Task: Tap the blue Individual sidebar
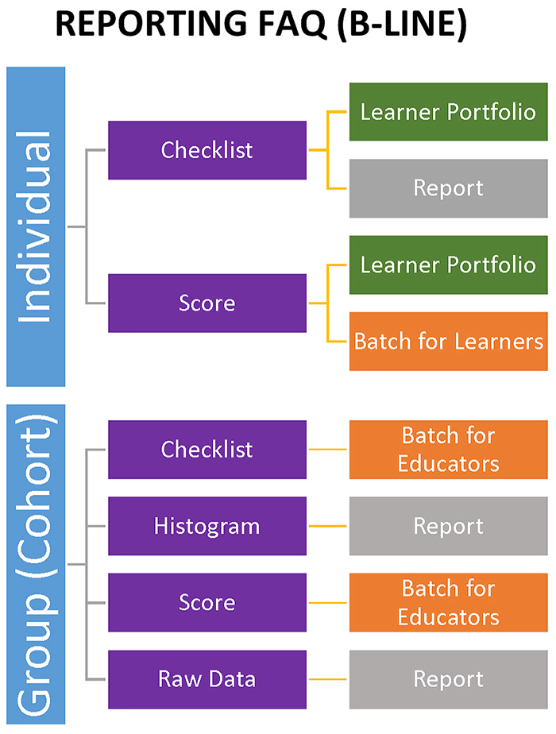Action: (36, 226)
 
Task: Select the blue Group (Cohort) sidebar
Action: (36, 564)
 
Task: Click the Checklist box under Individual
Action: (207, 150)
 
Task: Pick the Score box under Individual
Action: (207, 303)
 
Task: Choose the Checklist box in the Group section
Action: (207, 450)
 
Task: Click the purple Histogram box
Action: (207, 526)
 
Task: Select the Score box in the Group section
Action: (207, 602)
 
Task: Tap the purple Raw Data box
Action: (207, 679)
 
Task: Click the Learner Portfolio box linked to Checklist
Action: (448, 112)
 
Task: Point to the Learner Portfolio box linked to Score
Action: (448, 265)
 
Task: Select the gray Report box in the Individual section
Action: (448, 188)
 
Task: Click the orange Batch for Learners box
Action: (448, 342)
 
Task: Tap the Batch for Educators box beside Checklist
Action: (448, 450)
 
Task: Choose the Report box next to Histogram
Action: (448, 526)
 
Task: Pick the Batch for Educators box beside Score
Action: (448, 602)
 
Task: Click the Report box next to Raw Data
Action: (448, 679)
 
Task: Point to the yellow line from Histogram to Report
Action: (327, 526)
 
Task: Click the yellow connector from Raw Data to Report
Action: (327, 679)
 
